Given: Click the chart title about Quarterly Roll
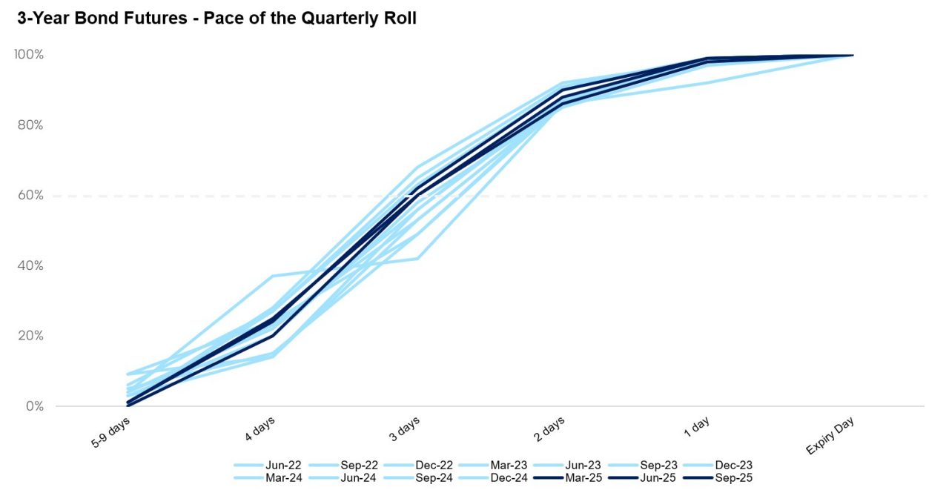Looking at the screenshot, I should point(216,19).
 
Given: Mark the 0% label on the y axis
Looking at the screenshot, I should point(34,406).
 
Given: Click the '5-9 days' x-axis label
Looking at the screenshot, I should point(111,433).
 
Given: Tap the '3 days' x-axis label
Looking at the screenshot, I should point(404,430).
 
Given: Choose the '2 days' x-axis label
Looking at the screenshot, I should point(549,430).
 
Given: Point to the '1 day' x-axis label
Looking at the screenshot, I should point(696,428).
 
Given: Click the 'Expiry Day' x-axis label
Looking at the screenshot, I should point(830,435).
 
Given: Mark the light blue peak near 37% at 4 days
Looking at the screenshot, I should point(273,277).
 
